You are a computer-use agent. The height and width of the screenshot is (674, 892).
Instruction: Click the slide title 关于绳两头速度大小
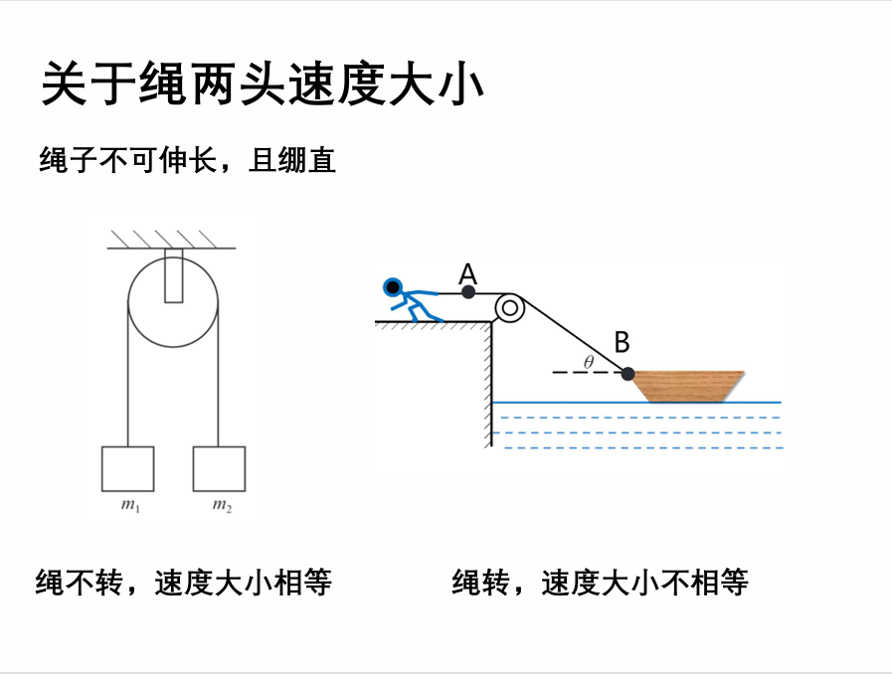click(262, 84)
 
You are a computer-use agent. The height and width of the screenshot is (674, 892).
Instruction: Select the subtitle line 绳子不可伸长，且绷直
click(188, 159)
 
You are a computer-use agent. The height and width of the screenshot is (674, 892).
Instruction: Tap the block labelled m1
click(128, 468)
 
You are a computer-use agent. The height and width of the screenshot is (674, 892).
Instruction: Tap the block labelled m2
click(219, 468)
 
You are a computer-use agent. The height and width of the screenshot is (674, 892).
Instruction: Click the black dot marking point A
click(468, 291)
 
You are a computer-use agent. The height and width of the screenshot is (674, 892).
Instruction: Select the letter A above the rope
click(468, 271)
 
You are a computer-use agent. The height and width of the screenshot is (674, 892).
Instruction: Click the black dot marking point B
click(627, 374)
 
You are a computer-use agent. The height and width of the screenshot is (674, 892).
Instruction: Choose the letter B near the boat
click(622, 343)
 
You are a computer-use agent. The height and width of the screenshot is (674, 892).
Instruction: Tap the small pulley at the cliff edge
click(510, 308)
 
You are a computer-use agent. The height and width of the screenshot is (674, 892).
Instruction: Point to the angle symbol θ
click(589, 363)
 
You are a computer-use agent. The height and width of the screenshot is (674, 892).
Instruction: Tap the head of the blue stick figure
click(393, 287)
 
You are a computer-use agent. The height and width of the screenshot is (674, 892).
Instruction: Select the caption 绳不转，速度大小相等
click(184, 583)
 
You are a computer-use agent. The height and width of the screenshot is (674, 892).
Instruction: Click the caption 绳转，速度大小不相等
click(600, 583)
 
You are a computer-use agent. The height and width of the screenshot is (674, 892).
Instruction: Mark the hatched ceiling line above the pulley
click(170, 246)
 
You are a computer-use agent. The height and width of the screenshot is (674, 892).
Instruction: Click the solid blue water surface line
click(636, 403)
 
